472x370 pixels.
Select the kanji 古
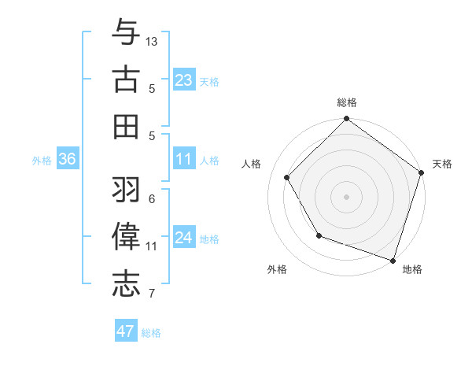(x=126, y=80)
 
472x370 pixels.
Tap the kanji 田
(x=126, y=126)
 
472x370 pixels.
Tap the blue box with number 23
(x=184, y=80)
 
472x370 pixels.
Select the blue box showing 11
(x=184, y=159)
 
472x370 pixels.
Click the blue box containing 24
(x=184, y=238)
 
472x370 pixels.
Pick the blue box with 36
(x=68, y=159)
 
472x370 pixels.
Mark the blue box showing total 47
(x=126, y=331)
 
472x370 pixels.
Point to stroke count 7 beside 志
(x=151, y=294)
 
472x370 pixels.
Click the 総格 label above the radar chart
(x=347, y=102)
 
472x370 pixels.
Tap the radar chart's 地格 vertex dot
(x=393, y=260)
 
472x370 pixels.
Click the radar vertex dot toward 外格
(x=319, y=235)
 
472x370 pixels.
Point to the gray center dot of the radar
(x=347, y=196)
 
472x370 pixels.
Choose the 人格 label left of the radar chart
(x=252, y=164)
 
